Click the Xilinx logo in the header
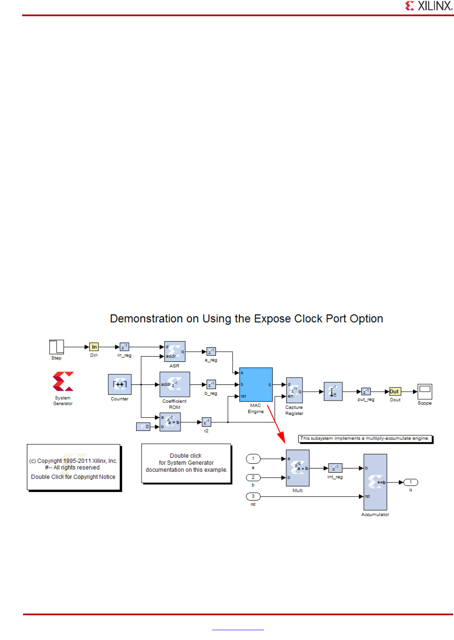coord(428,6)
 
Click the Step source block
coord(56,347)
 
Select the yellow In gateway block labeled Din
coord(94,347)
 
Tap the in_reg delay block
coord(124,347)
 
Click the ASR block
coord(175,352)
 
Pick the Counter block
coord(119,384)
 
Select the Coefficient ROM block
coord(175,384)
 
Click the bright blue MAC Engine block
coord(256,384)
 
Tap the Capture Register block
coord(294,390)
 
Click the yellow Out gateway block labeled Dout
coord(395,391)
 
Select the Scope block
coord(425,391)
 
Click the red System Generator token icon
coord(63,381)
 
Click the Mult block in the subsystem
coord(297,468)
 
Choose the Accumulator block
coord(375,482)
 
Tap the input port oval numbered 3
coord(253,496)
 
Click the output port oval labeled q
coord(410,482)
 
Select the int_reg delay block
coord(335,468)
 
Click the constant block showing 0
coord(143,426)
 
